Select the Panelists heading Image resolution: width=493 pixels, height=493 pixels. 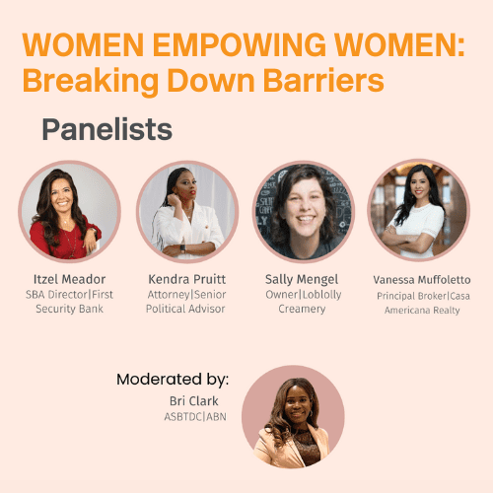pos(107,129)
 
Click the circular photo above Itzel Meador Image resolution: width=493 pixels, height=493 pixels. pos(69,211)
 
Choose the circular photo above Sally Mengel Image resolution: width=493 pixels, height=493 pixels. pos(304,211)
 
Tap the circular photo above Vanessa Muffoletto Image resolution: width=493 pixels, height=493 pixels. pos(419,209)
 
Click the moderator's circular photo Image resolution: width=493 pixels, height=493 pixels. pos(293,416)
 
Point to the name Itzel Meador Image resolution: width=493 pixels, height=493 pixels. pos(69,279)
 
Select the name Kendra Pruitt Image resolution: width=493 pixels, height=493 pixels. pos(187,279)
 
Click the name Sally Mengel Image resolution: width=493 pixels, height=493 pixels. pos(304,279)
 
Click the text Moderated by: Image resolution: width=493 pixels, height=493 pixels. pos(173,379)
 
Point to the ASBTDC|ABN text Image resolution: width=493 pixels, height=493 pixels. pos(193,417)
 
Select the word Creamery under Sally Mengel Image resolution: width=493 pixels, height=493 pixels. pos(304,310)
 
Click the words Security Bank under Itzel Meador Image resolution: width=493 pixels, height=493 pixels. pos(69,310)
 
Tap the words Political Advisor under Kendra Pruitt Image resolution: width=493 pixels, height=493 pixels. pos(187,310)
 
